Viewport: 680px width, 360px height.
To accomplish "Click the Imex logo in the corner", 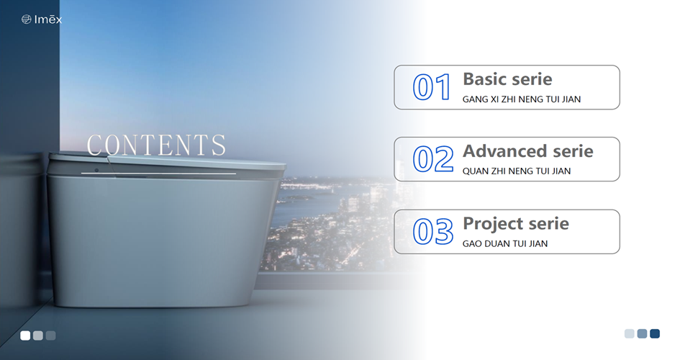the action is [42, 19].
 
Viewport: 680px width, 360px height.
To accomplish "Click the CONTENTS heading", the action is [156, 145].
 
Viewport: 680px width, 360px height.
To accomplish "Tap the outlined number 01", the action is [432, 87].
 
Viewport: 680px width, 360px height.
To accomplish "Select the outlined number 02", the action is [433, 159].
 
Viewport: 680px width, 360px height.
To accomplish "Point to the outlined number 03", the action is [433, 232].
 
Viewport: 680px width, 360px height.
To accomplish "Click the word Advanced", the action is [504, 151].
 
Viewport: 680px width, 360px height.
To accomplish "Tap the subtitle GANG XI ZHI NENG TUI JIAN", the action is [521, 99].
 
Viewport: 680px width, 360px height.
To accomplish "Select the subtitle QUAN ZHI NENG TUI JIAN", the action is [517, 171].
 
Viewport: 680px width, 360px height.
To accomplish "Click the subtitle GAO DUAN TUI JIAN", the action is [505, 244].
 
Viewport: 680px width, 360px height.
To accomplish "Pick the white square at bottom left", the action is [25, 336].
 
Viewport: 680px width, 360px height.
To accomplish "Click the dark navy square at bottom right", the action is [655, 333].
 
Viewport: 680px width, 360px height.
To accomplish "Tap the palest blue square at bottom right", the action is [629, 333].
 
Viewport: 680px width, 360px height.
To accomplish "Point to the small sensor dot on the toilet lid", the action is [96, 170].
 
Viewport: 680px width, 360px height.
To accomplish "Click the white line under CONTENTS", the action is [159, 174].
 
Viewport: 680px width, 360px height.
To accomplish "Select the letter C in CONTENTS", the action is [96, 145].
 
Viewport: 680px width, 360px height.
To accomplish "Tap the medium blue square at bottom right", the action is [643, 333].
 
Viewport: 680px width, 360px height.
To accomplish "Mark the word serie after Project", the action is [548, 224].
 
